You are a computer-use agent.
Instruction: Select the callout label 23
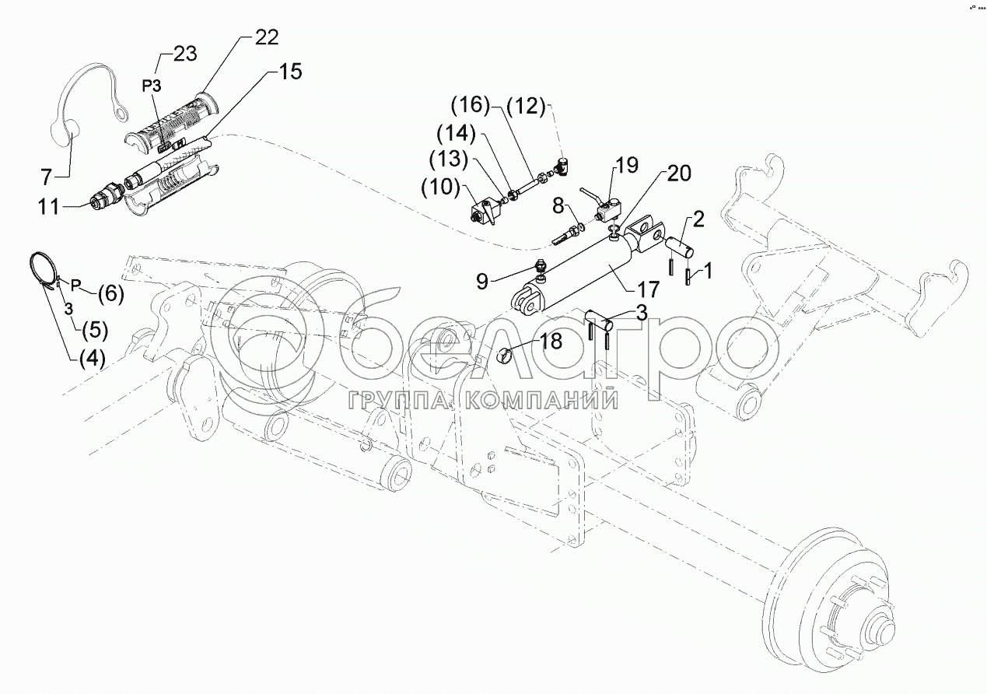184,54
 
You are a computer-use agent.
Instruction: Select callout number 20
677,173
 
